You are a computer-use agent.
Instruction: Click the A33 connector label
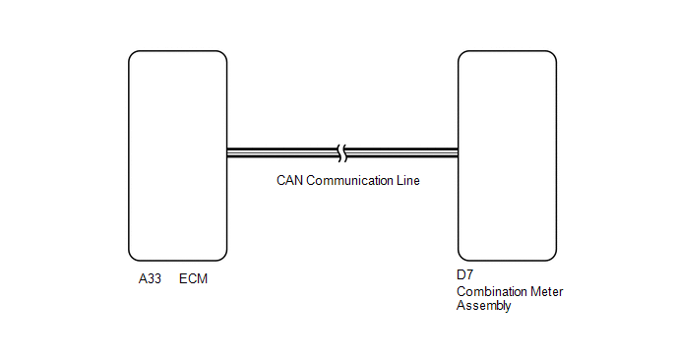point(150,278)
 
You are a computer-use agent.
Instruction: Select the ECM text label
point(193,278)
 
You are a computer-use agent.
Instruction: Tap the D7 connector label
point(465,274)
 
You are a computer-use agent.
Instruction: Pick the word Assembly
point(484,306)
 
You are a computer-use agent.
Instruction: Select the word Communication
point(349,180)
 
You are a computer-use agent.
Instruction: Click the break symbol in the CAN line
point(342,153)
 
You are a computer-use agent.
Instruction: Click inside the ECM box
point(178,155)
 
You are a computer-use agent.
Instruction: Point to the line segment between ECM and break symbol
point(282,152)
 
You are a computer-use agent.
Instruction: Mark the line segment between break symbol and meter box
point(401,152)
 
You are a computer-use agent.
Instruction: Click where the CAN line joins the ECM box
point(227,152)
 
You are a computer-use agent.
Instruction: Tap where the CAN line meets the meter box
point(459,152)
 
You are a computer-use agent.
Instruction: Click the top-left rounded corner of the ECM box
point(132,54)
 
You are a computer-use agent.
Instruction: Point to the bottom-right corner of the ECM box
point(224,258)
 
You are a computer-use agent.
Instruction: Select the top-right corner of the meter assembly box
point(554,54)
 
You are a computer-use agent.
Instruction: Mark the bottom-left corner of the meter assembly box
point(462,258)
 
